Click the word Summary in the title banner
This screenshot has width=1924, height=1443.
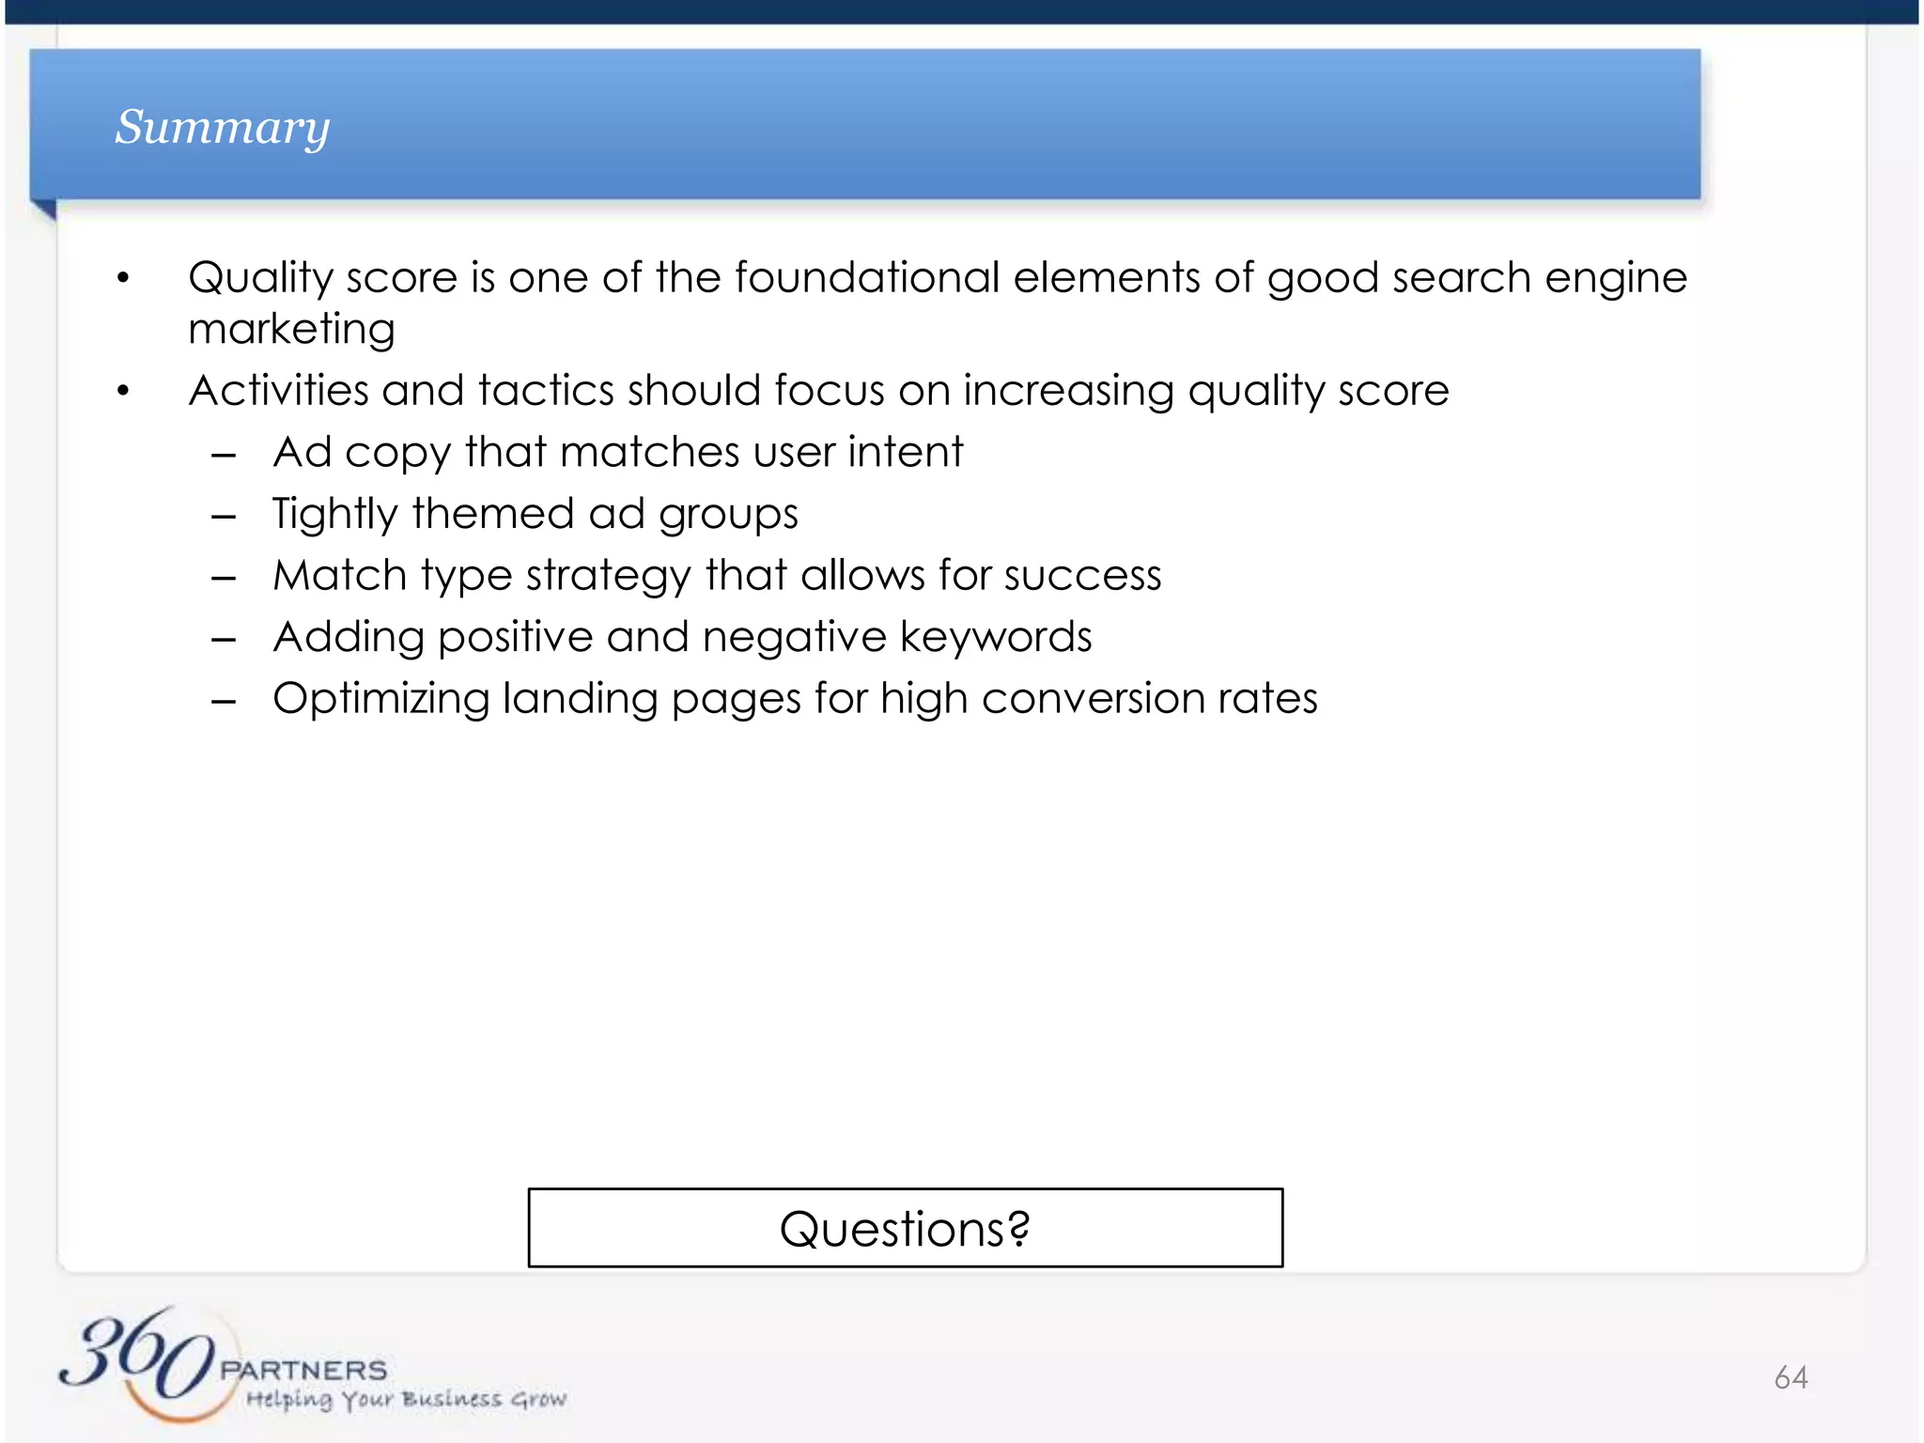coord(223,127)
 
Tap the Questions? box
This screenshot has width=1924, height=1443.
coord(905,1228)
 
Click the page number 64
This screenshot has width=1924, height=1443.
coord(1791,1377)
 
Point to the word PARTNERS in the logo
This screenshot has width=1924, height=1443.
coord(303,1370)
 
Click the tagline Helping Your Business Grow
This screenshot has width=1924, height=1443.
coord(406,1400)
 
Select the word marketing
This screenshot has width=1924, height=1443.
coord(291,329)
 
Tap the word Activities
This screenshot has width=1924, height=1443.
coord(278,390)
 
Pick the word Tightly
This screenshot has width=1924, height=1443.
coord(335,514)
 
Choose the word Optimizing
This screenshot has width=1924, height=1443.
coord(380,699)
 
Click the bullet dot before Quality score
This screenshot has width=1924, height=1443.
coord(123,278)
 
